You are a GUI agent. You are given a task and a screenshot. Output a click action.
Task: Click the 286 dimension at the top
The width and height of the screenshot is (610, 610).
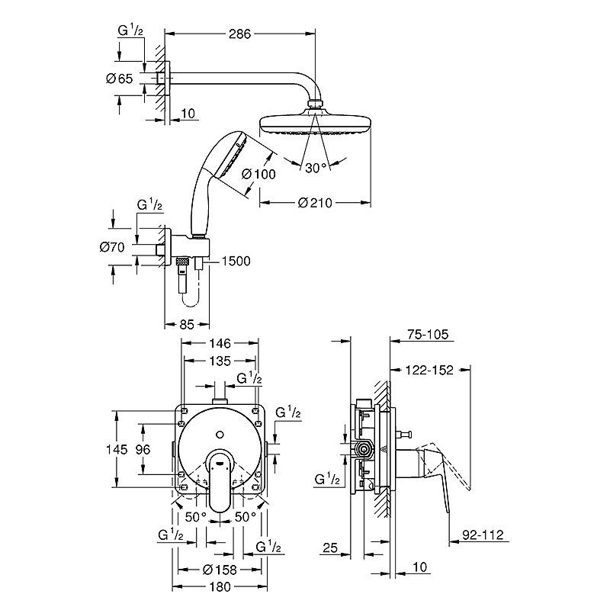click(x=239, y=34)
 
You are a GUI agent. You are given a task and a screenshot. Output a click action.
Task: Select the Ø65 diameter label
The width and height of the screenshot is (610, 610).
click(x=120, y=79)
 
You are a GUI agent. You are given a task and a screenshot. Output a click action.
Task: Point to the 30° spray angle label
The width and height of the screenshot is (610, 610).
click(x=316, y=168)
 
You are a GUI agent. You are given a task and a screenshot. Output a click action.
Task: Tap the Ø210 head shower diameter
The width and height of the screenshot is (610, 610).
click(x=315, y=203)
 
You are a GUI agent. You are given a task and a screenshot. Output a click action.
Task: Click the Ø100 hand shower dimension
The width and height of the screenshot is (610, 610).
click(x=258, y=174)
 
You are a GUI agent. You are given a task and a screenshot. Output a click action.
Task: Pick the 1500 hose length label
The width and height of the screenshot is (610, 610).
click(x=236, y=261)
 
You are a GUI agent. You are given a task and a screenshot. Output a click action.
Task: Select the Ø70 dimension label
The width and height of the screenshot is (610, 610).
click(x=112, y=246)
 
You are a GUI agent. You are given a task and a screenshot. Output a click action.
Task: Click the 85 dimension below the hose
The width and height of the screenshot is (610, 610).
click(x=187, y=324)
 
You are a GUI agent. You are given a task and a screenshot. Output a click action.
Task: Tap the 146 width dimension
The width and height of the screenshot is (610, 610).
click(x=220, y=343)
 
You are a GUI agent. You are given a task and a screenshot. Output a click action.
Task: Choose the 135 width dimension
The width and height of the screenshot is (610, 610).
click(x=220, y=361)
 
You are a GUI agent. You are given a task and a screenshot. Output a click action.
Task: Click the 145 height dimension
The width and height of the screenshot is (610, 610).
click(x=117, y=449)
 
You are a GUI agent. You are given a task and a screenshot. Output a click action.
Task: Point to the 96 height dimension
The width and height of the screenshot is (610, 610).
click(x=143, y=449)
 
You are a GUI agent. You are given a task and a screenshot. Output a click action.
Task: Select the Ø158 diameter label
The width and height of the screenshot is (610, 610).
click(x=220, y=570)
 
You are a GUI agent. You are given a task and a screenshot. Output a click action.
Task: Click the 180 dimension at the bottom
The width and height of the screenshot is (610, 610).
click(x=220, y=586)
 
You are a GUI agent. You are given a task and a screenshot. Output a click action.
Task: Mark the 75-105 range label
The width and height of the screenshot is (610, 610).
click(x=428, y=334)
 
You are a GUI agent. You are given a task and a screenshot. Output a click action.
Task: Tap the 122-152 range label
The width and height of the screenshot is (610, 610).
click(x=429, y=370)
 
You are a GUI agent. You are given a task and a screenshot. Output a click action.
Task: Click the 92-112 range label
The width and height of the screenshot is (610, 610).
click(x=483, y=535)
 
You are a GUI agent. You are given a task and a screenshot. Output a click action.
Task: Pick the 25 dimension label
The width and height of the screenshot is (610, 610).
click(x=330, y=547)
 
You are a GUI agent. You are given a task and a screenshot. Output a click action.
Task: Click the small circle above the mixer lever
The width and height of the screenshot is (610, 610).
click(x=220, y=434)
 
